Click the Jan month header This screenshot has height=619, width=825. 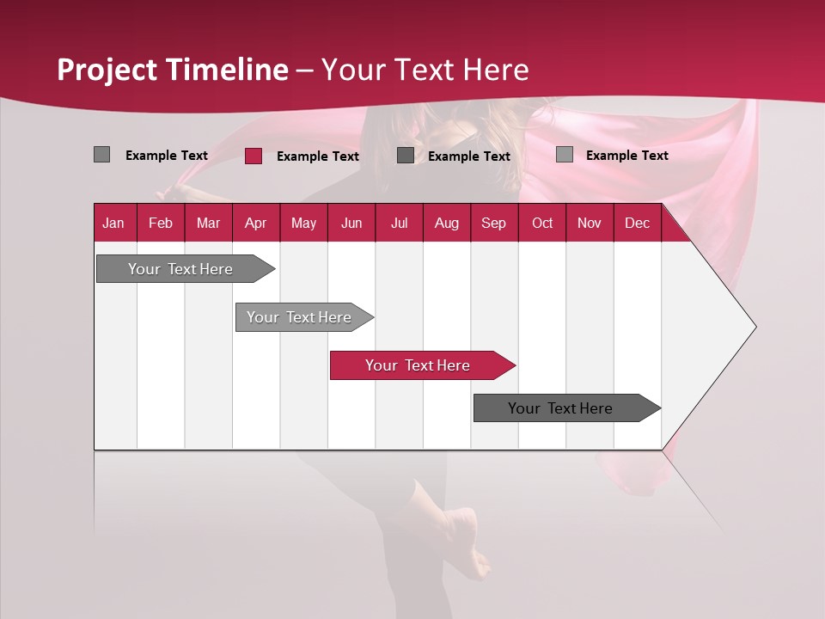[x=113, y=224]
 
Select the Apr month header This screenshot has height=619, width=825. [x=255, y=224]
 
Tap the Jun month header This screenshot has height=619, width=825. [x=351, y=224]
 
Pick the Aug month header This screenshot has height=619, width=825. [x=446, y=224]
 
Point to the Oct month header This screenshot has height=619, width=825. [x=542, y=224]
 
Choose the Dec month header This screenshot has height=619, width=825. [x=637, y=224]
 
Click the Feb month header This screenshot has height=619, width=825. [x=161, y=224]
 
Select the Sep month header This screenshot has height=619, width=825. [x=493, y=224]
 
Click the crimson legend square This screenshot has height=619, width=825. [x=254, y=156]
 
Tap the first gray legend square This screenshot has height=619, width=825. [x=102, y=155]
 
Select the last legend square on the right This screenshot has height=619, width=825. [x=565, y=155]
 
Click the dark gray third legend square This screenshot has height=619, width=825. [x=406, y=156]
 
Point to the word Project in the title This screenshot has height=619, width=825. [x=107, y=70]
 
